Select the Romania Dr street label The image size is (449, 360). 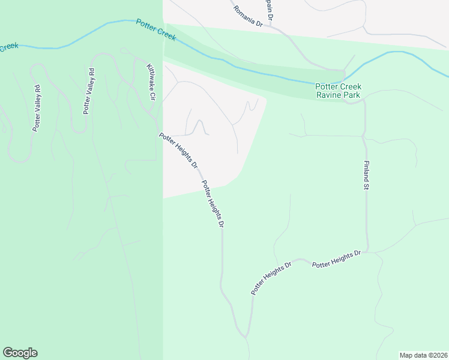[248, 14]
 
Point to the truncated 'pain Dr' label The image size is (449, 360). [269, 10]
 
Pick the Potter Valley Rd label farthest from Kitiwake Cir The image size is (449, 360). [37, 108]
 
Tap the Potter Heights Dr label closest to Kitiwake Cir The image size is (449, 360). [178, 150]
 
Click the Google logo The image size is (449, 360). [20, 353]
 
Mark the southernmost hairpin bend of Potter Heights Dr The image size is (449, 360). [245, 334]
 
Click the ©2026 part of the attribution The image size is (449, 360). [436, 355]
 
